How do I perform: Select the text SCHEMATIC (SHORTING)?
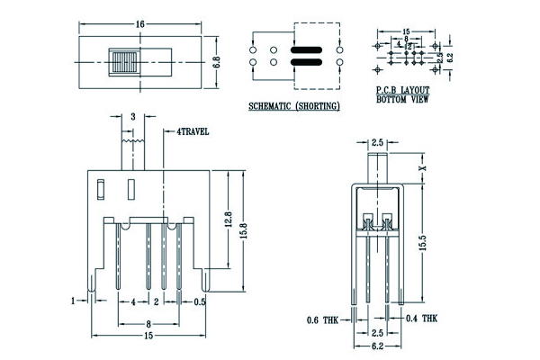pyautogui.click(x=293, y=106)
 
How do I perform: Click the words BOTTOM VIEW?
pyautogui.click(x=401, y=100)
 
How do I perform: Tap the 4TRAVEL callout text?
pyautogui.click(x=193, y=131)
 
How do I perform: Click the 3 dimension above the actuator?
pyautogui.click(x=133, y=117)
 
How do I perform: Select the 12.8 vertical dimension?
pyautogui.click(x=229, y=219)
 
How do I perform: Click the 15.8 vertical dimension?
pyautogui.click(x=243, y=230)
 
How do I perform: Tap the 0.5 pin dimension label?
pyautogui.click(x=200, y=301)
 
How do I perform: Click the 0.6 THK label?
pyautogui.click(x=321, y=319)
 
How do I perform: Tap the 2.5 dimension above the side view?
pyautogui.click(x=377, y=142)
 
